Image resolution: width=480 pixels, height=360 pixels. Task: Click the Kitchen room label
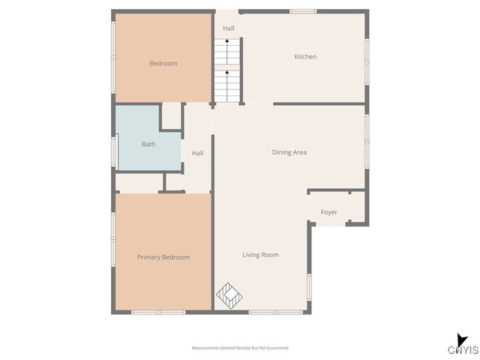[x=305, y=57]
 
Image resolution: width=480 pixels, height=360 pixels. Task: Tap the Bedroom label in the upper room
[x=163, y=64]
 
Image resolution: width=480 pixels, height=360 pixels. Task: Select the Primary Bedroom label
[x=163, y=257]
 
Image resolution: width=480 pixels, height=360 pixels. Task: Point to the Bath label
[x=148, y=144]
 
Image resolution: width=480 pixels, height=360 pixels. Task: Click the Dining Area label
[x=289, y=152]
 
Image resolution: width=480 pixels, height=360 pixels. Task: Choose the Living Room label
[x=260, y=255]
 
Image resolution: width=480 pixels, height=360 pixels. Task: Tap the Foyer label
[x=329, y=212]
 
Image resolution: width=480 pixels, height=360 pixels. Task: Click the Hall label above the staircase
[x=228, y=28]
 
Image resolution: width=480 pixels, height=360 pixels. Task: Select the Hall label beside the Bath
[x=197, y=153]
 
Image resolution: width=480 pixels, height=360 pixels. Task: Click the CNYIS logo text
[x=463, y=350]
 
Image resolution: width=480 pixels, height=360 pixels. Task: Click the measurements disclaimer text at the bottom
[x=240, y=348]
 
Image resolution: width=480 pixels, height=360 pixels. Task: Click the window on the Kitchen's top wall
[x=302, y=11]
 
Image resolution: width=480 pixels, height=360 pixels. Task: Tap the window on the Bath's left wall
[x=113, y=149]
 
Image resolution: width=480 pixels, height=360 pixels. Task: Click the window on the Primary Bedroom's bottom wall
[x=158, y=312]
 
